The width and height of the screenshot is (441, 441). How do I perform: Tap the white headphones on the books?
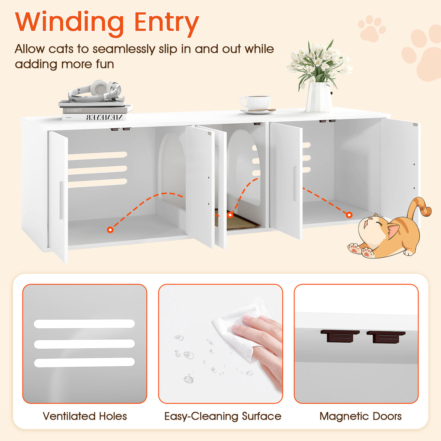click(x=95, y=91)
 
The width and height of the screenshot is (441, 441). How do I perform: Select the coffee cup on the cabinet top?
click(x=256, y=102)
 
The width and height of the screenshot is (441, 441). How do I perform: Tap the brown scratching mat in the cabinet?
click(x=241, y=221)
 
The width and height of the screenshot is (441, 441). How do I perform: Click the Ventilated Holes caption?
click(x=85, y=416)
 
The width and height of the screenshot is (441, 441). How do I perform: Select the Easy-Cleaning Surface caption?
click(x=223, y=416)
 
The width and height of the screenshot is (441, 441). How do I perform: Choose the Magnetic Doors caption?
click(x=361, y=416)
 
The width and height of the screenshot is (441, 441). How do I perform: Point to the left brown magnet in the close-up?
click(x=340, y=336)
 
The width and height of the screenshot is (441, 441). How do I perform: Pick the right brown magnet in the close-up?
click(x=386, y=336)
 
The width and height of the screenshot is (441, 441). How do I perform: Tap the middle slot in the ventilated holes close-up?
click(x=84, y=344)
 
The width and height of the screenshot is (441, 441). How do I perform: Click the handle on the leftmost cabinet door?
click(x=61, y=200)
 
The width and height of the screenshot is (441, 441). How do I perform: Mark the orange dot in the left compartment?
click(x=110, y=230)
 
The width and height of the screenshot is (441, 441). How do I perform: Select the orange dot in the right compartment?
click(x=349, y=215)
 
